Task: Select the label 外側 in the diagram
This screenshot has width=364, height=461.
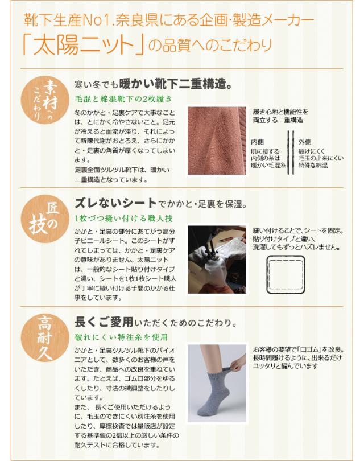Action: pyautogui.click(x=305, y=141)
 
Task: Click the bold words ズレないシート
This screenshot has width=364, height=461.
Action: pyautogui.click(x=115, y=203)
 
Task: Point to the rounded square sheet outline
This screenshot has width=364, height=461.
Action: pyautogui.click(x=287, y=275)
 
